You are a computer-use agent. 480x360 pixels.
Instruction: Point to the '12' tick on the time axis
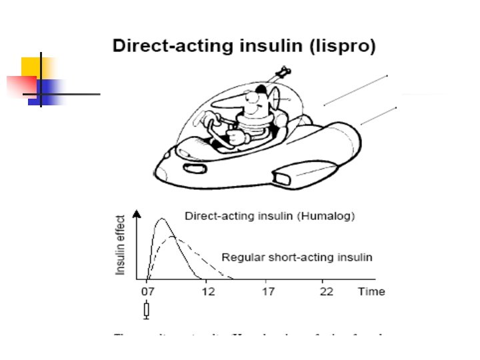[209, 291]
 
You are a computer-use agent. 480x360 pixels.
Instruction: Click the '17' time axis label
[267, 291]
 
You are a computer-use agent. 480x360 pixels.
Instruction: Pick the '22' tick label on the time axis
[327, 291]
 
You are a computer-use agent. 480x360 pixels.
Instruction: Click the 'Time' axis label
[371, 291]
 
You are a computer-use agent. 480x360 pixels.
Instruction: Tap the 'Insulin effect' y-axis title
[121, 245]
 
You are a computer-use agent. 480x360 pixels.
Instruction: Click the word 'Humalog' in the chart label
[332, 216]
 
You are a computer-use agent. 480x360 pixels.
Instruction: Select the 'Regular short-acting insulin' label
[297, 257]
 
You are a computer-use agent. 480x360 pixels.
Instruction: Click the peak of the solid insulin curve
[161, 219]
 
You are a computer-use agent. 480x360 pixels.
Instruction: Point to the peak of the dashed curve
[173, 236]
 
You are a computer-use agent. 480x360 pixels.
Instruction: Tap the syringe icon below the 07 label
[147, 310]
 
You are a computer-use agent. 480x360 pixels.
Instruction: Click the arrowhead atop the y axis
[137, 214]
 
